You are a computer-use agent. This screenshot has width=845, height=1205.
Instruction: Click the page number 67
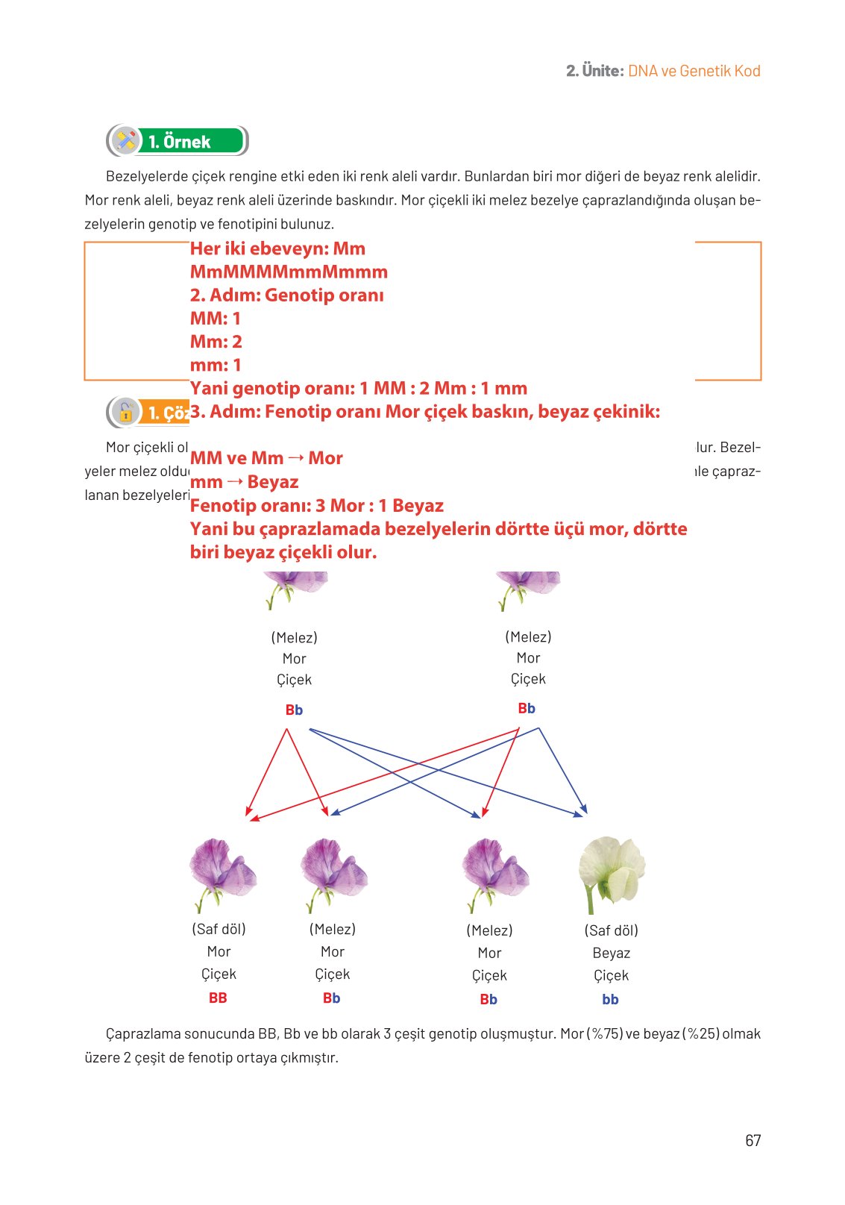pyautogui.click(x=753, y=1140)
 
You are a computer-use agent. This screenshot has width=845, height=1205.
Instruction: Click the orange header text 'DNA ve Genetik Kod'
pyautogui.click(x=694, y=71)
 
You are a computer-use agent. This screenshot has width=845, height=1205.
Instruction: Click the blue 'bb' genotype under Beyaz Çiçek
pyautogui.click(x=610, y=999)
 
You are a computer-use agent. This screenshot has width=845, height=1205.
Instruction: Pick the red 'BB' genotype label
pyautogui.click(x=218, y=998)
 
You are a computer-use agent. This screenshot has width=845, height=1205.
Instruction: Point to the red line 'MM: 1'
pyautogui.click(x=216, y=319)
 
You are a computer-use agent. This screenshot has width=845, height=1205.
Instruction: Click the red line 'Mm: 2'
pyautogui.click(x=216, y=342)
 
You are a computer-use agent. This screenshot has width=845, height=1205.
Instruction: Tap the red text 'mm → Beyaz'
pyautogui.click(x=244, y=482)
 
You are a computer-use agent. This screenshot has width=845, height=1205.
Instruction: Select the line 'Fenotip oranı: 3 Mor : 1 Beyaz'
pyautogui.click(x=316, y=505)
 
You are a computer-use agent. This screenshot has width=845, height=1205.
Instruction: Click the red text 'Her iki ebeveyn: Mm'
pyautogui.click(x=277, y=248)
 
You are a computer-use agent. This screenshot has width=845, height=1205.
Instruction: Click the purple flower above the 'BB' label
pyautogui.click(x=222, y=871)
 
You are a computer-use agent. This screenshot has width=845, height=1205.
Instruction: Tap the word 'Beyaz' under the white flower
pyautogui.click(x=611, y=953)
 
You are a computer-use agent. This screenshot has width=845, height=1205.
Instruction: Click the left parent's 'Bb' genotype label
pyautogui.click(x=294, y=710)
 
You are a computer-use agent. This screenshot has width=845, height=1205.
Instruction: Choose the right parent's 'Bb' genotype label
pyautogui.click(x=527, y=708)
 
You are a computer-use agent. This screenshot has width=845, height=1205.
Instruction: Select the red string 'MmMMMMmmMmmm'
pyautogui.click(x=289, y=272)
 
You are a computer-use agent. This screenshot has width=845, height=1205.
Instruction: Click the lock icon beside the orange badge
pyautogui.click(x=125, y=412)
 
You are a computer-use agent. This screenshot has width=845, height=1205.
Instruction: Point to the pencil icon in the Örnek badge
pyautogui.click(x=125, y=141)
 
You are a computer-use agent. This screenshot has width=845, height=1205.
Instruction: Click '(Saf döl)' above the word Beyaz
pyautogui.click(x=611, y=930)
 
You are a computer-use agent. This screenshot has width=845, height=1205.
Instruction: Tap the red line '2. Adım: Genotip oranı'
pyautogui.click(x=286, y=295)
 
